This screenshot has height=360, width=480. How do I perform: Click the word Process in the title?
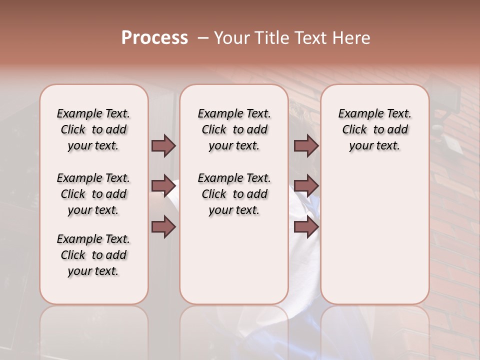(x=154, y=38)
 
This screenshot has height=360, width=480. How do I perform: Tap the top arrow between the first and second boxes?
(x=163, y=145)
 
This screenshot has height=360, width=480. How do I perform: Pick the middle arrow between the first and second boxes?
(x=163, y=186)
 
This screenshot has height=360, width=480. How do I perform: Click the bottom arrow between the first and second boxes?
(x=163, y=227)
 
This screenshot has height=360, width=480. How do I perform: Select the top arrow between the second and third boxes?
(x=306, y=145)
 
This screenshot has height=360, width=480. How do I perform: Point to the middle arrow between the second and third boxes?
(x=306, y=186)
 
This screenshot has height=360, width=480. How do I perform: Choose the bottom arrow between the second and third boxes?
(x=306, y=227)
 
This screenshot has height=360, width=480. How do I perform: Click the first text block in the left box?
(x=93, y=129)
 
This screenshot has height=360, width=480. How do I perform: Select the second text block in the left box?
(x=93, y=194)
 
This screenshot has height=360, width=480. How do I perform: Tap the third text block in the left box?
(x=93, y=255)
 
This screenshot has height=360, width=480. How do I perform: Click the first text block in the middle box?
(x=234, y=129)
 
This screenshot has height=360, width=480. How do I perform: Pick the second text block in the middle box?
(x=234, y=194)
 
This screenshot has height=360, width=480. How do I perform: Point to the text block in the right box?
(x=374, y=129)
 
